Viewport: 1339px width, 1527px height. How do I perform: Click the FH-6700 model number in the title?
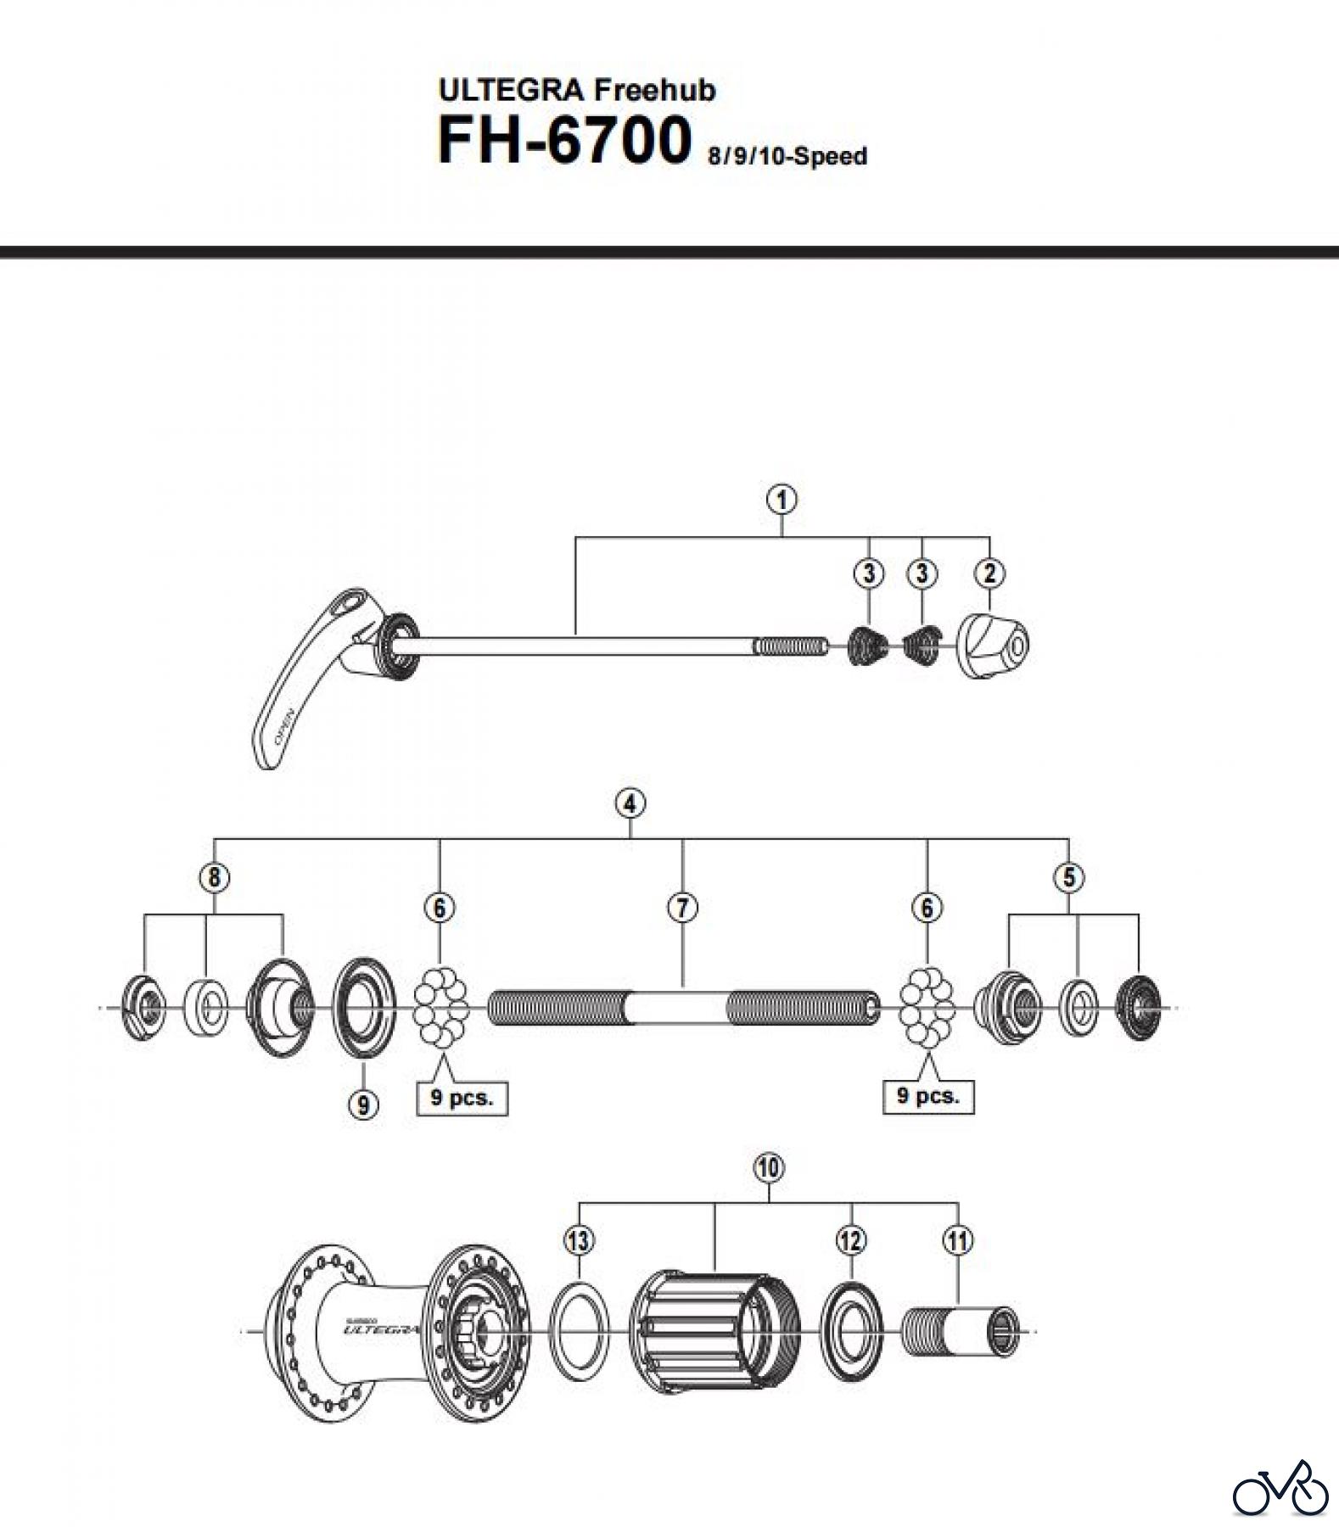point(563,141)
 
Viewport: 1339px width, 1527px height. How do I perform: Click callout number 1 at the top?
point(782,500)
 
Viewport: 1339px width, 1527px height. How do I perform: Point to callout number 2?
point(989,573)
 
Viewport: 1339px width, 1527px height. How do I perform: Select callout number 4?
point(630,803)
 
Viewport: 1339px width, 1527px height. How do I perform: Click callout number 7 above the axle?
point(682,908)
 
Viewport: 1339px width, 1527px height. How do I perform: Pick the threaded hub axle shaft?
point(683,1008)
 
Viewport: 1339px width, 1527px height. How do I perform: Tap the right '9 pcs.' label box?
point(928,1095)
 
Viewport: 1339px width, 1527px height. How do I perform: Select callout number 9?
point(363,1104)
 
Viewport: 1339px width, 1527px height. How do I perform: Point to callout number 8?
point(214,876)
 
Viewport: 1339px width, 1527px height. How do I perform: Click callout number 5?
point(1068,876)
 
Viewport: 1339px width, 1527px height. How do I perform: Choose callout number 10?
point(768,1168)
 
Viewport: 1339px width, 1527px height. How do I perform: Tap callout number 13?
point(579,1241)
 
